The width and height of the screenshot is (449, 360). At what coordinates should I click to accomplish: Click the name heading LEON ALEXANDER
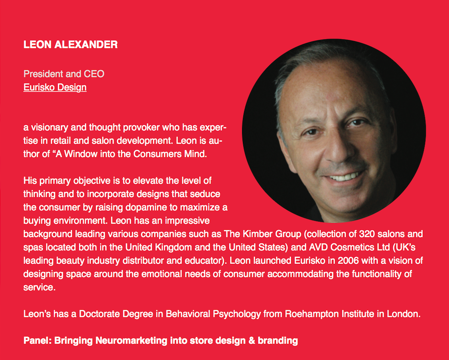pyautogui.click(x=71, y=44)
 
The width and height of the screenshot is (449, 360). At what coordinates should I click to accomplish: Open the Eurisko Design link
pyautogui.click(x=55, y=87)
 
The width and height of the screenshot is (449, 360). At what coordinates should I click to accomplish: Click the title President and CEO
pyautogui.click(x=64, y=74)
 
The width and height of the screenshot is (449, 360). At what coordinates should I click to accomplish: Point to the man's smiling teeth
pyautogui.click(x=345, y=176)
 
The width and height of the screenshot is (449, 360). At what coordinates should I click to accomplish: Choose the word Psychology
pyautogui.click(x=238, y=314)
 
